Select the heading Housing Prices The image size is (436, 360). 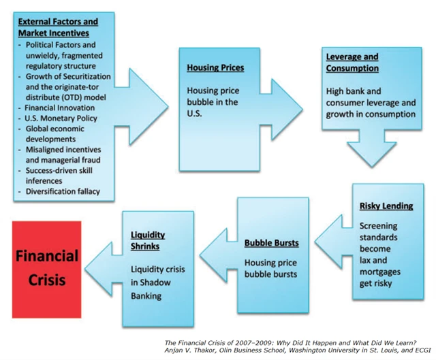point(215,68)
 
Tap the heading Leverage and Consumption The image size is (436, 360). point(352,63)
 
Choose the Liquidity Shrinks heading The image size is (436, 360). point(148,240)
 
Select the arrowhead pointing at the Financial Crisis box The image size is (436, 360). point(98,265)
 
